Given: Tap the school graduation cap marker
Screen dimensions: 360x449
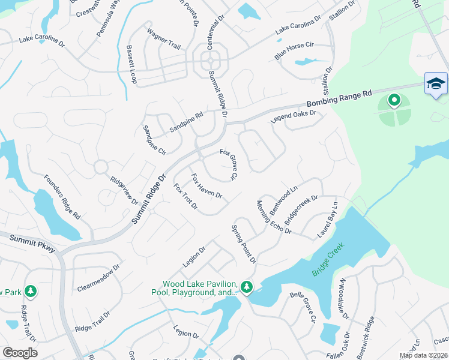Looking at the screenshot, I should (435, 83).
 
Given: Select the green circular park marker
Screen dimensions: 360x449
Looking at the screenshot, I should (394, 100).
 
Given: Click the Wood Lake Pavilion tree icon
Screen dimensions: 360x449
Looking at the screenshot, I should (246, 286).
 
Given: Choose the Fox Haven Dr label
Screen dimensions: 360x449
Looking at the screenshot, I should (207, 187).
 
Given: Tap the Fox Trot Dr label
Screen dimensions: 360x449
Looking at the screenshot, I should (186, 197).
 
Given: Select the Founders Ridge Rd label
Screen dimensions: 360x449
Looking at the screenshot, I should (62, 198).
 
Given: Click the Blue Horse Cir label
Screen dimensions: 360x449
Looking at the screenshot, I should (294, 50).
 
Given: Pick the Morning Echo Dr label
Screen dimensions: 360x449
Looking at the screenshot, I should (274, 217).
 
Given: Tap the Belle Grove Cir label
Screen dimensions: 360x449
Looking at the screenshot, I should (303, 307).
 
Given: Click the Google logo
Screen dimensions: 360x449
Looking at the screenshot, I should (20, 353).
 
